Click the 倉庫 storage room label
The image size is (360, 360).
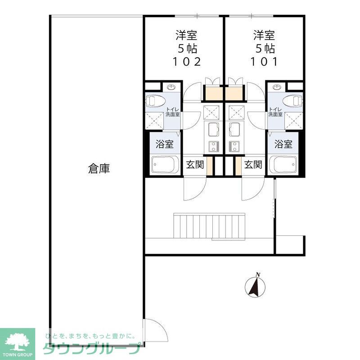(x=99, y=169)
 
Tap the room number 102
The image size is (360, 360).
(x=186, y=62)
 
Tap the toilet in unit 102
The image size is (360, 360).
(x=155, y=100)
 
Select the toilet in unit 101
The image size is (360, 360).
(x=293, y=100)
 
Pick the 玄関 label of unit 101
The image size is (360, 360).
(x=253, y=165)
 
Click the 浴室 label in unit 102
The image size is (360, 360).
(x=164, y=144)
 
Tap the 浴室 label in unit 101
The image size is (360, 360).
(x=283, y=144)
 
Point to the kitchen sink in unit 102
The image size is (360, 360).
(x=213, y=130)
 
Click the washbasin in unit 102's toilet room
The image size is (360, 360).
(x=171, y=87)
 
